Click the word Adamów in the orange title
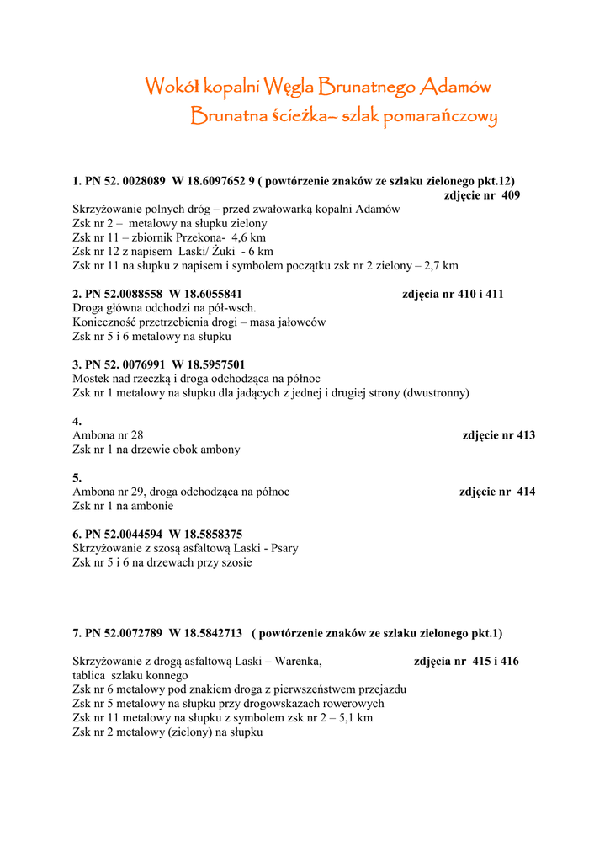point(455,86)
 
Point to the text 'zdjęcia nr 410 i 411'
point(453,295)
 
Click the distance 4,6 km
point(248,237)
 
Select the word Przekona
point(199,237)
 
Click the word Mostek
point(91,379)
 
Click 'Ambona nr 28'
point(108,435)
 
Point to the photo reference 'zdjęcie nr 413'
point(499,435)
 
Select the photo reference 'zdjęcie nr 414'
point(497,492)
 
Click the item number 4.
point(77,422)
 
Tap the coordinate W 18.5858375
point(206,535)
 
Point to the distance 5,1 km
point(353,718)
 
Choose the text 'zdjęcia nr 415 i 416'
point(466,662)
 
